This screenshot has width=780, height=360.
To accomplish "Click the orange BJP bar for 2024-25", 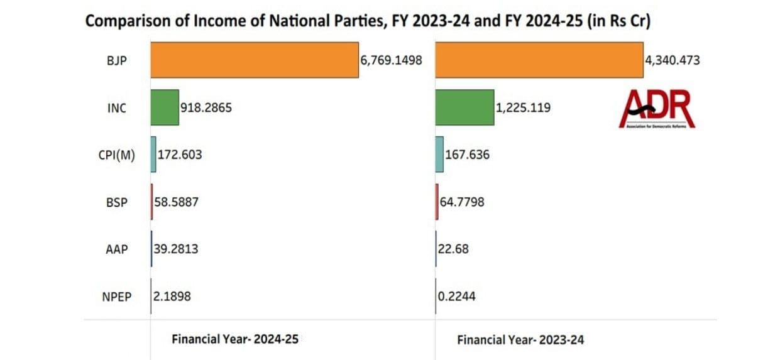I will coord(254,60).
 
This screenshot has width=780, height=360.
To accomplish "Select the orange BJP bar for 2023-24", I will coord(539,60).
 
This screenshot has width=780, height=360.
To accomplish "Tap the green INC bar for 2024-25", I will coord(165,108).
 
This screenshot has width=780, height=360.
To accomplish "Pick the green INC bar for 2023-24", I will coord(464,108).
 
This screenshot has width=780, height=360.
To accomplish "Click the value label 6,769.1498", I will coord(390,60).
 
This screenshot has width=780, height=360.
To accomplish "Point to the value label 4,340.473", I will coord(672,61).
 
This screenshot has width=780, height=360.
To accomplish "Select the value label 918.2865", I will coord(206,108).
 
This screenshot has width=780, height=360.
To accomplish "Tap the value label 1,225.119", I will coord(523,108).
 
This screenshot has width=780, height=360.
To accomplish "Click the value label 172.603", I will coord(180,154).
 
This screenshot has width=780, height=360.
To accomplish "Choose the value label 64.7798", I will coord(462,202).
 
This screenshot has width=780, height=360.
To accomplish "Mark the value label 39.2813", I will coord(176,249).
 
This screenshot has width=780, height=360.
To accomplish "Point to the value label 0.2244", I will coord(457,296).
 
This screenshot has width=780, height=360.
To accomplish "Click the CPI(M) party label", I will coord(117,155).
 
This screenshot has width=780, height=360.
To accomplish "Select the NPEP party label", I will coord(116,297).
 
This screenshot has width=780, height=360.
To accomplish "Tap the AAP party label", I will coord(117,249).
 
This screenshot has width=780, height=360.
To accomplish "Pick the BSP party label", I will coord(117,202).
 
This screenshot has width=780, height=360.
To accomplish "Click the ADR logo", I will coord(657,109).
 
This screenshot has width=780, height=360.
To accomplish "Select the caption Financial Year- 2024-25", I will coord(235,339).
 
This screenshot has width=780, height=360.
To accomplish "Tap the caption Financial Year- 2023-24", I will coord(520,340).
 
